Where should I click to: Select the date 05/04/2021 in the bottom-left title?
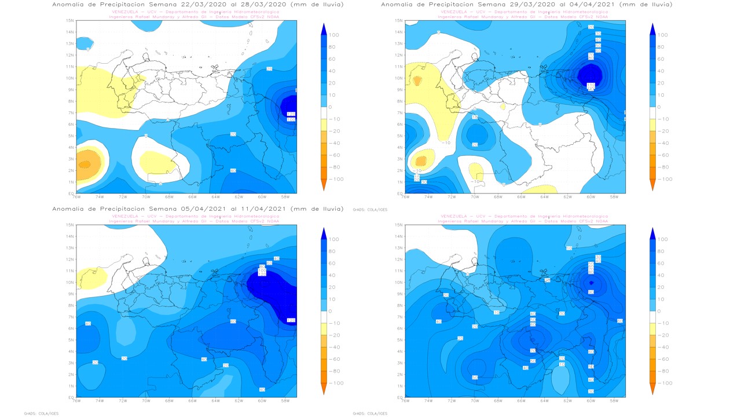[x=221, y=209]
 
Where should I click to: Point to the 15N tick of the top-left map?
[x=70, y=20]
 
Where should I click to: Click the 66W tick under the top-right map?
[x=521, y=196]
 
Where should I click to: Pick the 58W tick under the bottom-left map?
[x=285, y=401]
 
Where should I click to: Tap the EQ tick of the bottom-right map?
[x=399, y=397]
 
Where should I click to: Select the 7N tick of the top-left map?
[x=70, y=112]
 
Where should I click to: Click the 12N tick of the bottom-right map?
[x=399, y=259]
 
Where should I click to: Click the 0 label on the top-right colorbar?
[x=658, y=107]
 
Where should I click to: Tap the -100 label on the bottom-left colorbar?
[x=335, y=383]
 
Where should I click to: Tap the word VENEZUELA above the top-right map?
[x=452, y=12]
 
